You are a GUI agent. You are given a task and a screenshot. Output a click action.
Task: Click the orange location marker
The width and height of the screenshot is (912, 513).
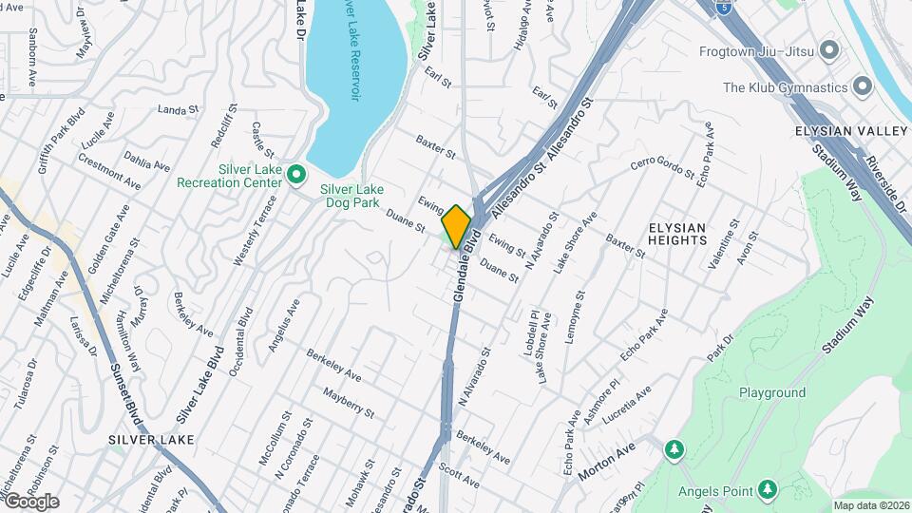click(x=457, y=226)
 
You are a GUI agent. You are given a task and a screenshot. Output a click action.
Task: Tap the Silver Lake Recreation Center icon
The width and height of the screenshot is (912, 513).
click(x=296, y=174)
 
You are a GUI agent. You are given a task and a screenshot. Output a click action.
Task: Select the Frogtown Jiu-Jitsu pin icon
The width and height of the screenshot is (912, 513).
click(x=830, y=49)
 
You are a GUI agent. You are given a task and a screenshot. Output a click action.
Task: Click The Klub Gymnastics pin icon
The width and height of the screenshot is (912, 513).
click(x=863, y=87)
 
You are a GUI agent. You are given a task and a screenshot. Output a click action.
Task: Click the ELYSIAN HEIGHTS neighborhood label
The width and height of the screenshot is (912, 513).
click(x=677, y=234)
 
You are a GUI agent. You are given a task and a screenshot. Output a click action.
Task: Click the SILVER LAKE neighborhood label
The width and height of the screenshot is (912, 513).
click(x=151, y=440)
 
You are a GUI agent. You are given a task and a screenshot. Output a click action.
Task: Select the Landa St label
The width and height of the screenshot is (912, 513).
click(x=177, y=110)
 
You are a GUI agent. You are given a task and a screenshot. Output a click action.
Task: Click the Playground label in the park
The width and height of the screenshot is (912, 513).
click(x=772, y=392)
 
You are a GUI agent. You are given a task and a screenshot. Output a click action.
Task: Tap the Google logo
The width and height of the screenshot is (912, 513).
click(x=31, y=502)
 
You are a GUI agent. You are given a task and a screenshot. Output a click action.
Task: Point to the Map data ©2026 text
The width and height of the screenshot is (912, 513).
click(x=870, y=505)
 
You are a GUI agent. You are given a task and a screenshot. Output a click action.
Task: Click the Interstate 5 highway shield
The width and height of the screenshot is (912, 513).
click(x=725, y=7)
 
